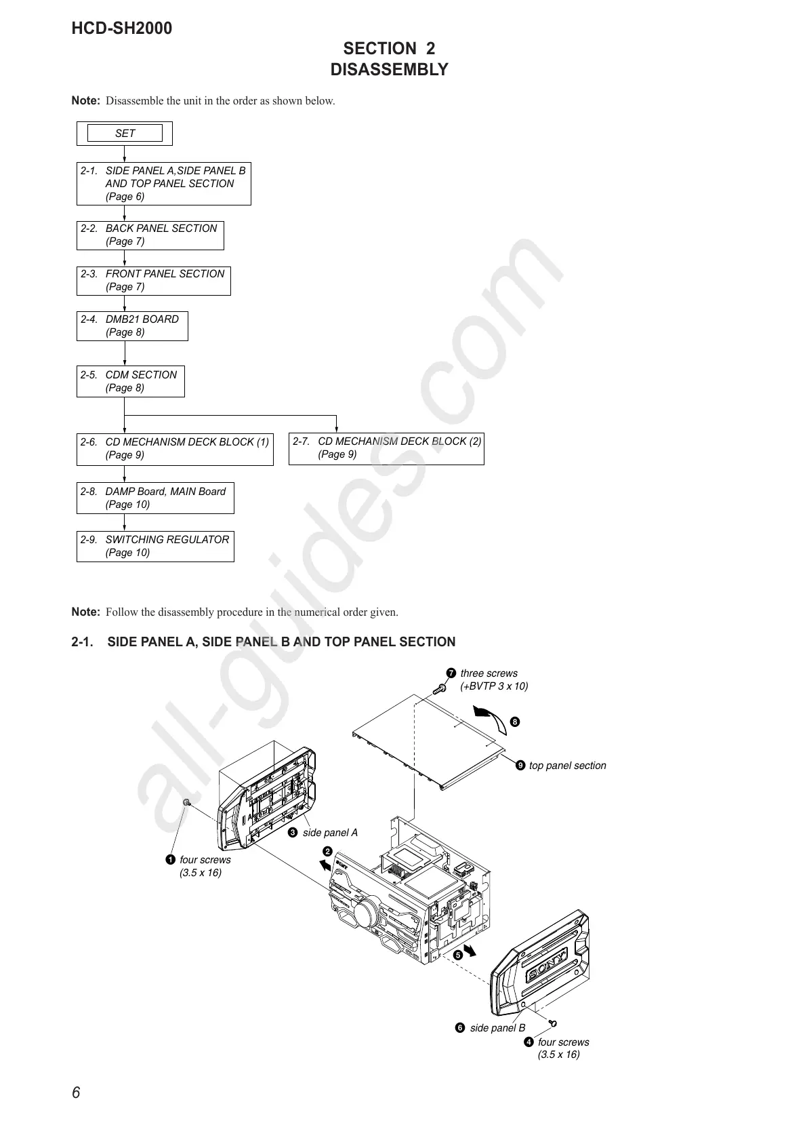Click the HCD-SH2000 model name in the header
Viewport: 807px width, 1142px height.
122,28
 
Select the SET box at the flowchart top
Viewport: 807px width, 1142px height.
125,134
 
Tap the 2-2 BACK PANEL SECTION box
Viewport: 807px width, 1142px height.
150,235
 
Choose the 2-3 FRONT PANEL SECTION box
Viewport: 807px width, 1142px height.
153,281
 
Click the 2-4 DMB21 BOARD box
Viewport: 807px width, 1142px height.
132,326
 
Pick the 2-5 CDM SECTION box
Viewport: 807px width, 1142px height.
130,381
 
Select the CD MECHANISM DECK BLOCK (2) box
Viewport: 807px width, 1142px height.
386,448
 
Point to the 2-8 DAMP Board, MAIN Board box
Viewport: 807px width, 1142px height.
155,498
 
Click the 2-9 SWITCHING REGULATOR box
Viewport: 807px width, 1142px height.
155,547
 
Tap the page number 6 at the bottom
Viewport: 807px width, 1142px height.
76,1092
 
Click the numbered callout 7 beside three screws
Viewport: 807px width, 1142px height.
451,673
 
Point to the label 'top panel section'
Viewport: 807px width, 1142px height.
567,766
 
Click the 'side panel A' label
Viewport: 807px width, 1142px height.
329,833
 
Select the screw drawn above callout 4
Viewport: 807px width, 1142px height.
554,1023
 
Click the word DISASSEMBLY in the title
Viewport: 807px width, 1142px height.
389,70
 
